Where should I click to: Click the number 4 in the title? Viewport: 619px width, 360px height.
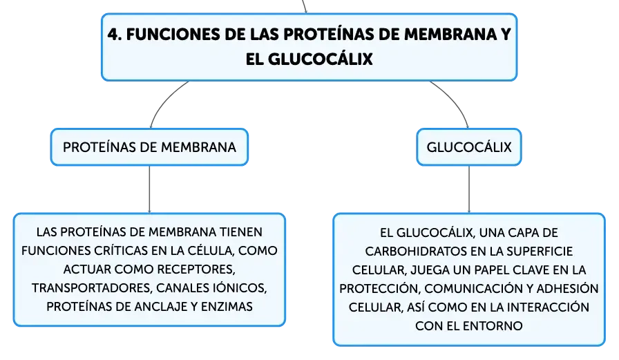click(113, 35)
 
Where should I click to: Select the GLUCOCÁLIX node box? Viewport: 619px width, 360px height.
click(469, 147)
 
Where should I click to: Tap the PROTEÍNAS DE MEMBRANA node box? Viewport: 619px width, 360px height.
click(149, 147)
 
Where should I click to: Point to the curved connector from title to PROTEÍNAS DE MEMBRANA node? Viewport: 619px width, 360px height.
click(164, 100)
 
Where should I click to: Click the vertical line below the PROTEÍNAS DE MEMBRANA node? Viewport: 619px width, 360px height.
click(149, 189)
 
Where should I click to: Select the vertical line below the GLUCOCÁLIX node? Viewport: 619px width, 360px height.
click(469, 189)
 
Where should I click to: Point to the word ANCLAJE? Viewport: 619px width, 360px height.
click(157, 306)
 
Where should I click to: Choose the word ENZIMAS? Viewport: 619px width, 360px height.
click(227, 306)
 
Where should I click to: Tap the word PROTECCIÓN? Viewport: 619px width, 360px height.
click(379, 289)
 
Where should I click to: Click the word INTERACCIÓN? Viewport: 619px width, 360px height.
click(548, 307)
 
